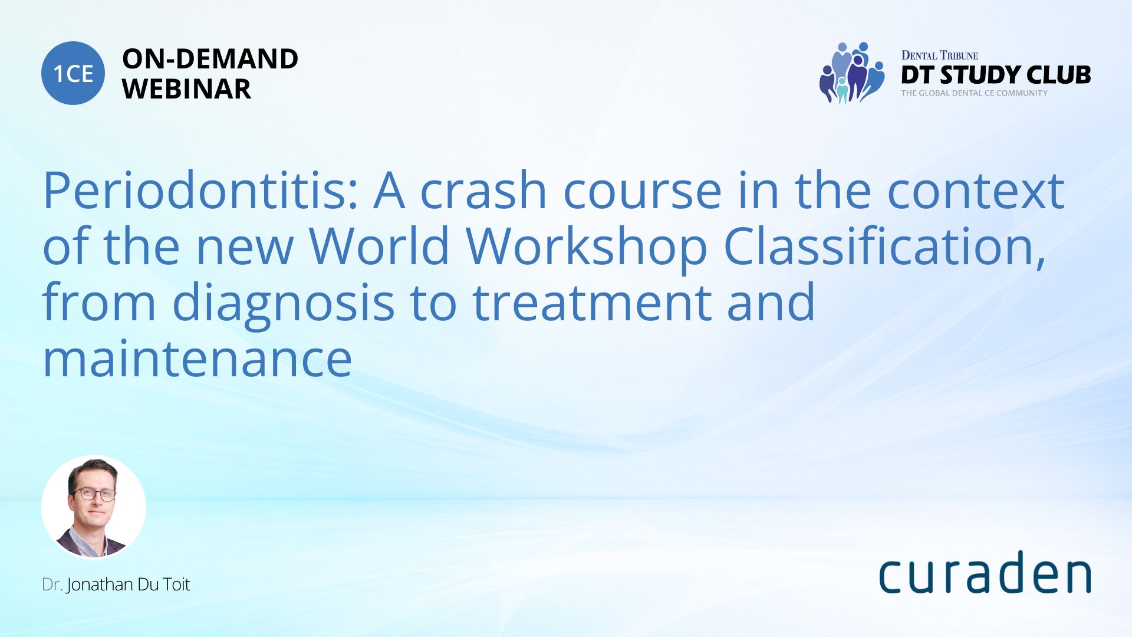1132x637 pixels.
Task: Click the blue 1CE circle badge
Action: point(73,73)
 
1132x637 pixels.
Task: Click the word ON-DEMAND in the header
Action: point(210,58)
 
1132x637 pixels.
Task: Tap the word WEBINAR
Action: point(186,89)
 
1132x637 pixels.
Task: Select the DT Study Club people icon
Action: point(852,73)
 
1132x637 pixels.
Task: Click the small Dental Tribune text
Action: point(940,55)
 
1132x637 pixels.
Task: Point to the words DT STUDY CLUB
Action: point(996,75)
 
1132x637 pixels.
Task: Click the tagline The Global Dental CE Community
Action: point(974,93)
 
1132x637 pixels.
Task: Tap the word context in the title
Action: point(976,191)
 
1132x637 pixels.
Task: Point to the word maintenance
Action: point(198,359)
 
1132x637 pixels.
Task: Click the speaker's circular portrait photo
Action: point(94,507)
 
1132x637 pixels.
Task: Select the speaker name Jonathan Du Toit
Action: point(129,585)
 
